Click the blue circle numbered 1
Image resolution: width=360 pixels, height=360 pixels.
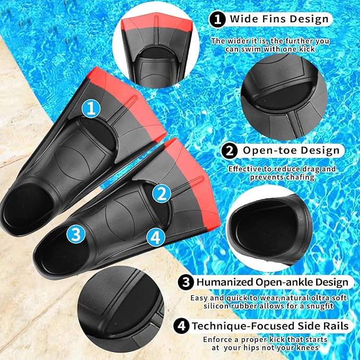[91, 109]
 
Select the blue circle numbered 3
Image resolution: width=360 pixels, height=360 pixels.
[76, 233]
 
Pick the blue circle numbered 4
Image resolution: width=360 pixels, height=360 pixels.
[155, 236]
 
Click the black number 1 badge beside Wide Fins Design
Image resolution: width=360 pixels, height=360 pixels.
[217, 20]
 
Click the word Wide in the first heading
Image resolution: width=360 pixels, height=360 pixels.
[243, 20]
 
